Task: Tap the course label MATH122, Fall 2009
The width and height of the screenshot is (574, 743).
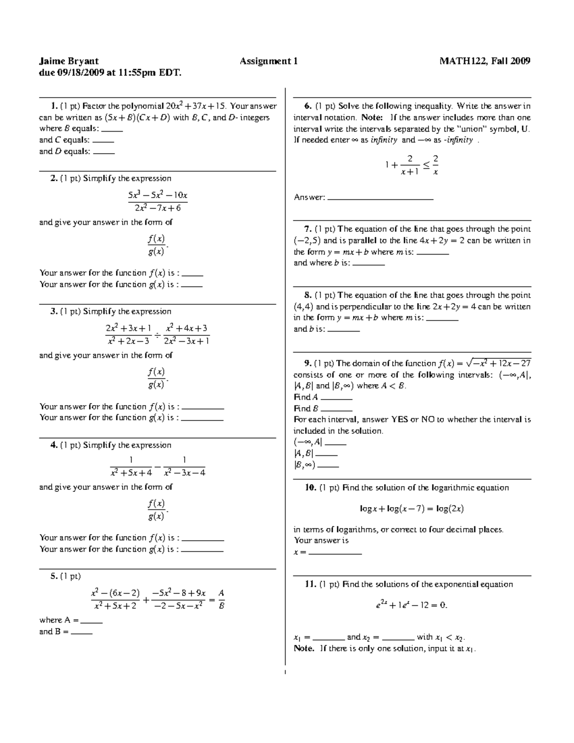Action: pyautogui.click(x=485, y=61)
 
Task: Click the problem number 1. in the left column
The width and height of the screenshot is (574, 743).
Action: pyautogui.click(x=54, y=106)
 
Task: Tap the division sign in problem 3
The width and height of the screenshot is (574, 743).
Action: pyautogui.click(x=157, y=334)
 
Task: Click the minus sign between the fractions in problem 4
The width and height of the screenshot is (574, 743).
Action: pyautogui.click(x=157, y=466)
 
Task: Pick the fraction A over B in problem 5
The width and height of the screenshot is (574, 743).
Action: pyautogui.click(x=221, y=599)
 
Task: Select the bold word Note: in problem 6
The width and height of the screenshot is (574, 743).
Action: pyautogui.click(x=372, y=118)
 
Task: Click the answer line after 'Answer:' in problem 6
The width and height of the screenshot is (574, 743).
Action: pyautogui.click(x=380, y=198)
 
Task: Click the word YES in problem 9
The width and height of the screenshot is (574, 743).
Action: pyautogui.click(x=399, y=420)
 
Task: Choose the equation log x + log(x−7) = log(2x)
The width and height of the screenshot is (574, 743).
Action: pyautogui.click(x=412, y=509)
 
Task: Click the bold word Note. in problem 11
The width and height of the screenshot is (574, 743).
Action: pyautogui.click(x=304, y=649)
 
